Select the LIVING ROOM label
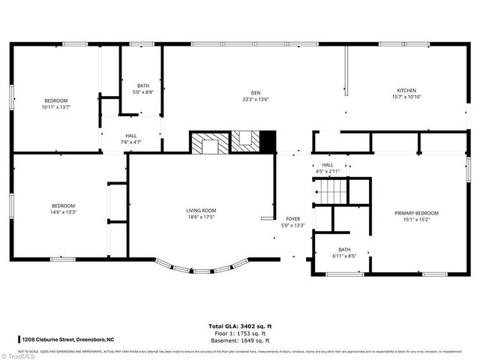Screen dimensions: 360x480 pyautogui.click(x=201, y=211)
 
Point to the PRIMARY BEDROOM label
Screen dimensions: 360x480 pyautogui.click(x=416, y=213)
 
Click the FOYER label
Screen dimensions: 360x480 pyautogui.click(x=292, y=218)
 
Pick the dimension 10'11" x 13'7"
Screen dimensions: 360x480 pyautogui.click(x=56, y=107)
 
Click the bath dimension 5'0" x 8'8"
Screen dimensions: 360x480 pyautogui.click(x=143, y=92)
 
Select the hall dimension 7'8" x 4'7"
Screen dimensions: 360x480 pyautogui.click(x=130, y=142)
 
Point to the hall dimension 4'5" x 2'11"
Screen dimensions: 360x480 pyautogui.click(x=327, y=172)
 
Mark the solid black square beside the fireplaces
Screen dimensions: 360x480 pyautogui.click(x=267, y=142)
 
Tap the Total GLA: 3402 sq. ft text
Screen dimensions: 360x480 pyautogui.click(x=239, y=326)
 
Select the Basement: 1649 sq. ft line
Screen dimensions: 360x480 pyautogui.click(x=239, y=340)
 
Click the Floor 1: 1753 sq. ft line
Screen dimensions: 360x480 pyautogui.click(x=239, y=334)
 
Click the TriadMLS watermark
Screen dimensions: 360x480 pyautogui.click(x=18, y=355)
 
